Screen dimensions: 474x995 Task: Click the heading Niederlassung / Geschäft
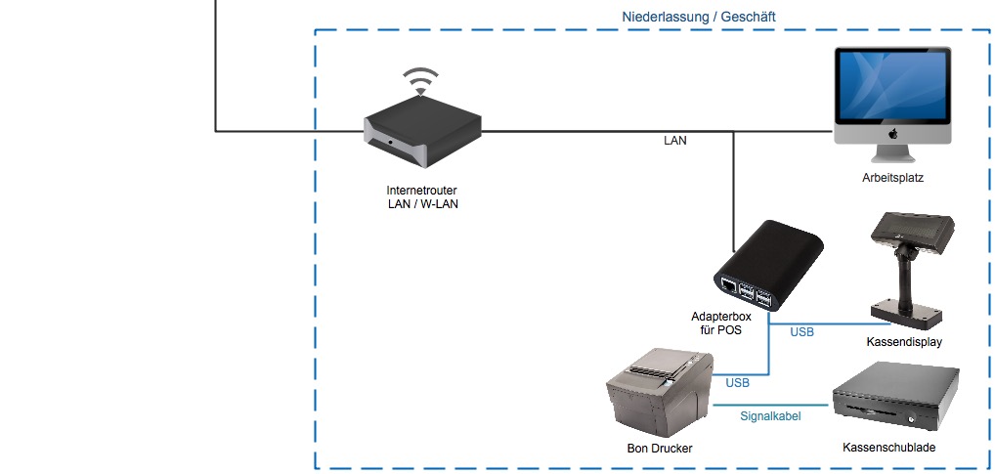pos(699,17)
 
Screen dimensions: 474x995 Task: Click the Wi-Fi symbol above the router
pos(421,81)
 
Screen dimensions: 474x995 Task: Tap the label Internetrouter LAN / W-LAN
pos(422,197)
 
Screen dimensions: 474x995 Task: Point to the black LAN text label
pos(674,141)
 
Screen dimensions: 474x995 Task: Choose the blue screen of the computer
pos(890,88)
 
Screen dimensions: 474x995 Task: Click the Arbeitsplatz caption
pos(892,179)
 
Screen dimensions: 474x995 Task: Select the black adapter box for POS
pos(771,262)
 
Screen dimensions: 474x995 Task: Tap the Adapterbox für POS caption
pos(722,323)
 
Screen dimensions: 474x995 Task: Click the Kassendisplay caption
pos(904,342)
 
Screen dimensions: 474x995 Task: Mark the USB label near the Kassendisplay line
pos(801,332)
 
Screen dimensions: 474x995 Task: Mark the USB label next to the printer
pos(738,383)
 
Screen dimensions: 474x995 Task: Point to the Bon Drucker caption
pos(660,449)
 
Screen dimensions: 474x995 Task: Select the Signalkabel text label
pos(770,416)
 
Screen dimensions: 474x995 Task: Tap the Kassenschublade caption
pos(888,448)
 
